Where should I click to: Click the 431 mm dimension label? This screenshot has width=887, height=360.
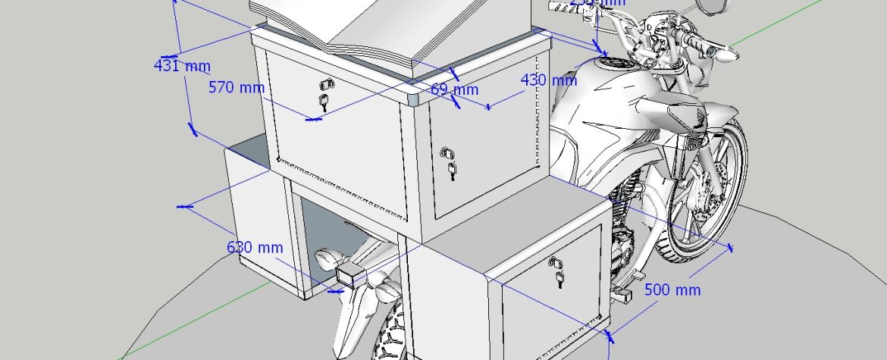[181, 66]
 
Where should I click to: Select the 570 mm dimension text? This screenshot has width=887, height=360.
[237, 88]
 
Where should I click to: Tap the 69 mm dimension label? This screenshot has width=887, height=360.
[455, 89]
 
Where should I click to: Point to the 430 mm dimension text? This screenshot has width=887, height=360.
[549, 80]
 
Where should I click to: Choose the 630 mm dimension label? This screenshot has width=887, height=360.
[255, 247]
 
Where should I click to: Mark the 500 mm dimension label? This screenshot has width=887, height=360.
[672, 290]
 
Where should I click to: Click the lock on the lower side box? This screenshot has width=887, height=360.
[559, 271]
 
